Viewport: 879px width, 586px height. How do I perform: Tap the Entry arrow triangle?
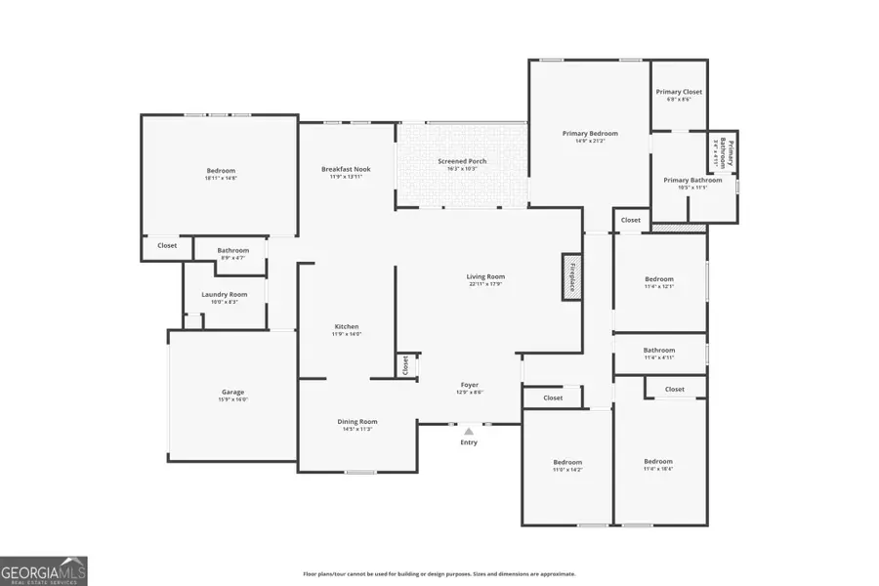469,431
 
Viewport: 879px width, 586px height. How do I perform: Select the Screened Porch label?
461,161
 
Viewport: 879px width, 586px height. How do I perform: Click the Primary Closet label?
679,92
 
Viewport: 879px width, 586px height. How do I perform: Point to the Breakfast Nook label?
346,169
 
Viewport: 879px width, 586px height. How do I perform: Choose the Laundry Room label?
224,294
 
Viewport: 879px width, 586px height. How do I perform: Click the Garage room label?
232,392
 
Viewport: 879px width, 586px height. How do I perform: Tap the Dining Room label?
357,421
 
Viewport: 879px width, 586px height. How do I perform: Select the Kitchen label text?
347,326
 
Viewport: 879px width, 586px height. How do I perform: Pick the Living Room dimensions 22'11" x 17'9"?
485,284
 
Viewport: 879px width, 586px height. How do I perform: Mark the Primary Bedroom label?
590,133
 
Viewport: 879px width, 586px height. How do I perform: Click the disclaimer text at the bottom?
439,574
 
